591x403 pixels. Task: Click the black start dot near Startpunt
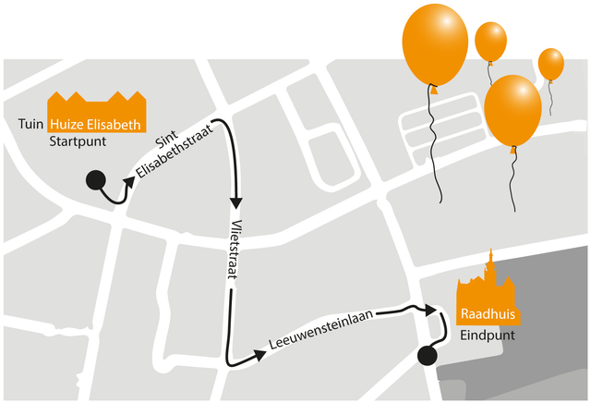[x=95, y=179]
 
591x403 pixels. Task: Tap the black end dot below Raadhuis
[x=428, y=356]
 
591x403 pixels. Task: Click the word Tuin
[x=30, y=124]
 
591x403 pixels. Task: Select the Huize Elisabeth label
[x=95, y=125]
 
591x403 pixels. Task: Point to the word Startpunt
[x=78, y=141]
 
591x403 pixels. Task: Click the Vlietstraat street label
[x=235, y=250]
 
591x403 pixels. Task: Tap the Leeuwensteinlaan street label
[x=321, y=329]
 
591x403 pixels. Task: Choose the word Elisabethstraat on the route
[x=175, y=151]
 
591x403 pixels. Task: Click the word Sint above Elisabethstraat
[x=166, y=140]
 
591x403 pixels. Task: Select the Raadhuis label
[x=488, y=314]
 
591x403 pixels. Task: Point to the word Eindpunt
[x=488, y=336]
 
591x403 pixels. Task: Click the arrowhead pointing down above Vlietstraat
[x=236, y=202]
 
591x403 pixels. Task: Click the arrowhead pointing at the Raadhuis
[x=431, y=311]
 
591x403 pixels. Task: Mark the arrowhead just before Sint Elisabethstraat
[x=129, y=182]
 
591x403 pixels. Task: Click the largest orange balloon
[x=435, y=44]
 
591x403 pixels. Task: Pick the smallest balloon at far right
[x=551, y=64]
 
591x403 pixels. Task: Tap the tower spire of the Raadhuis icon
[x=490, y=256]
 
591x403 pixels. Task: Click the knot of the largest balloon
[x=434, y=90]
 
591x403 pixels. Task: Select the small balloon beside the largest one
[x=490, y=42]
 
